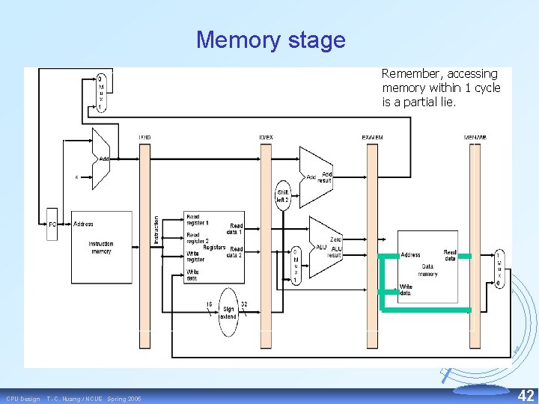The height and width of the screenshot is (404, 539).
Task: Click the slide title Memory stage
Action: (270, 40)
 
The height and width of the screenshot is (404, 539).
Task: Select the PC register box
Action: (52, 224)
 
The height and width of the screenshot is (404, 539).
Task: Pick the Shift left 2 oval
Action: (282, 196)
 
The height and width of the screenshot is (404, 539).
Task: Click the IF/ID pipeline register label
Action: (145, 137)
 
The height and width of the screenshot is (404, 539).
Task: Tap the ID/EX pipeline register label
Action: (266, 137)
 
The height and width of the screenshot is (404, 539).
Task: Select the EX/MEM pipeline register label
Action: (372, 137)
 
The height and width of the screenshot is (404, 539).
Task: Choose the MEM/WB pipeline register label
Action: (475, 137)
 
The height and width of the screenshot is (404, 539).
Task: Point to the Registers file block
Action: (214, 247)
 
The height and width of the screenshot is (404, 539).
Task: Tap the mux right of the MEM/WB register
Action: (499, 269)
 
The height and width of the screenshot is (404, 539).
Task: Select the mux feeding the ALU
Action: (295, 266)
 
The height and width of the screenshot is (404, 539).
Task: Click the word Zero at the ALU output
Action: (336, 239)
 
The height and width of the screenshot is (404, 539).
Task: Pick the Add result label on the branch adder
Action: (325, 177)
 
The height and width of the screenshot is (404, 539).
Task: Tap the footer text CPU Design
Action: (23, 399)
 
